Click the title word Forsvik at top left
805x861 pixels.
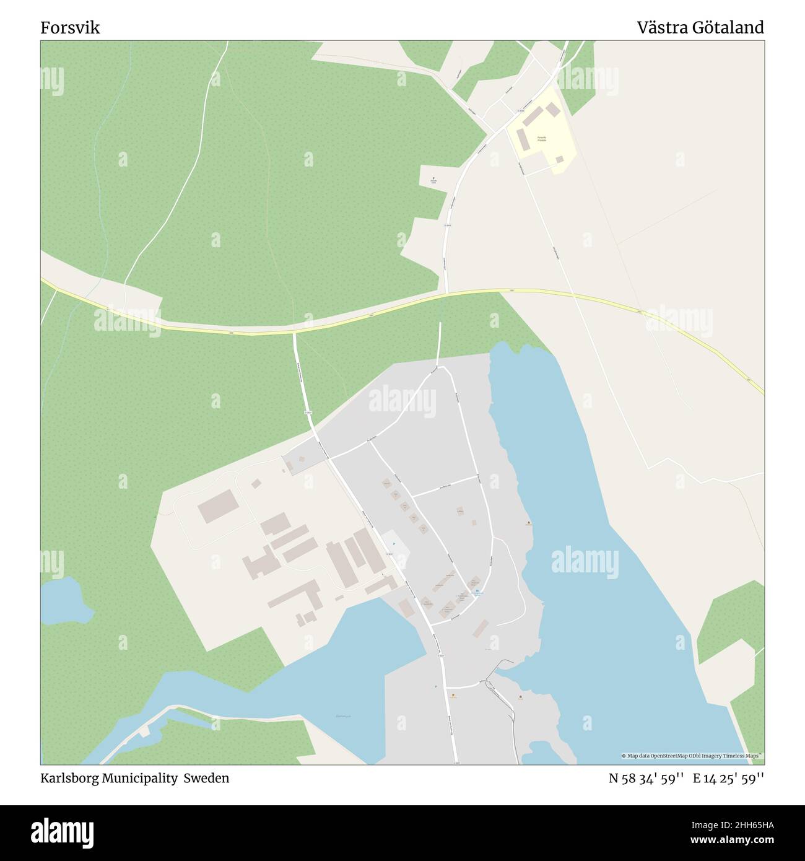pyautogui.click(x=70, y=28)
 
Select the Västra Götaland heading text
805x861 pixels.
pyautogui.click(x=700, y=28)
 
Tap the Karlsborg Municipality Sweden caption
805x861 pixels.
pyautogui.click(x=134, y=778)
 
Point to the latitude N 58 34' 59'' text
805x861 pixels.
pyautogui.click(x=646, y=778)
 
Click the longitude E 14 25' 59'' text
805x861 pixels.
pyautogui.click(x=728, y=778)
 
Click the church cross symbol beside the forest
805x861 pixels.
pyautogui.click(x=433, y=178)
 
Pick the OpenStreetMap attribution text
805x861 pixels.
pyautogui.click(x=692, y=756)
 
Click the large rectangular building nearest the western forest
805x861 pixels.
pyautogui.click(x=217, y=505)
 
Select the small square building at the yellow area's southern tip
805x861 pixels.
pyautogui.click(x=559, y=159)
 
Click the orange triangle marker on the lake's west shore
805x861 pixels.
pyautogui.click(x=528, y=523)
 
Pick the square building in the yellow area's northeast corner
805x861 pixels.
pyautogui.click(x=553, y=110)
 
